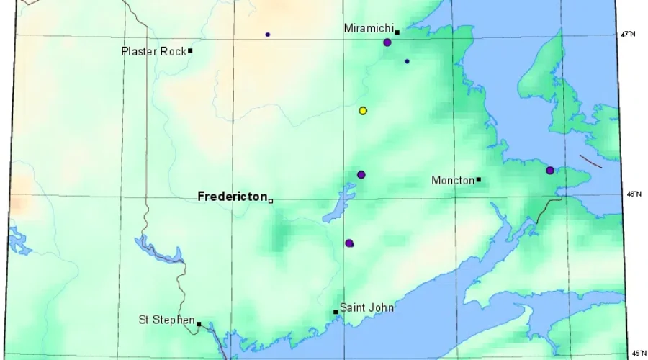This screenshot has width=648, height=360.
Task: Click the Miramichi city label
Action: coord(366,28)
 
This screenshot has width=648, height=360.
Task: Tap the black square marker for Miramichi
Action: coord(397,32)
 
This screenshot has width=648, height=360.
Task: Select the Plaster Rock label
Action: coord(153,51)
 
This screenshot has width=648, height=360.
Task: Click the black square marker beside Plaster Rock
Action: coord(190,50)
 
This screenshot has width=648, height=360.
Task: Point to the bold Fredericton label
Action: coord(231,196)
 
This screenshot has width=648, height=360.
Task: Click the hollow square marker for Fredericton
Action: coord(271,200)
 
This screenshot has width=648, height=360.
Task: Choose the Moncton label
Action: coord(452,180)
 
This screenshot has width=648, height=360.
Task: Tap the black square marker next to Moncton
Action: coord(478,179)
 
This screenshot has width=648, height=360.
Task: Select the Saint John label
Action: coord(366,307)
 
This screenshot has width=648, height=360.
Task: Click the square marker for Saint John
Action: coord(336,312)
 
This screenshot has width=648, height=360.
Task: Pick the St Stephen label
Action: coord(166,320)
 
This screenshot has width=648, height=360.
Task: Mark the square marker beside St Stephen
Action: coord(199,324)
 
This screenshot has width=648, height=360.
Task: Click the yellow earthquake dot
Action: coord(363,111)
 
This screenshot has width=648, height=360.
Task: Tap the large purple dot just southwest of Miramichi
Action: coord(387,42)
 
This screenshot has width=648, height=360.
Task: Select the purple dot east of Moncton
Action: coord(550,171)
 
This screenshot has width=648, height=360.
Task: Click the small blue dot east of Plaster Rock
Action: coord(268,35)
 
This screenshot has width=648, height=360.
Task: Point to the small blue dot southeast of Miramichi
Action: coord(407,61)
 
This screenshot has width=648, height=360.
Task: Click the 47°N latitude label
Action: coord(628,34)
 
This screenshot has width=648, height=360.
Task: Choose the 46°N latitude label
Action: coord(633,194)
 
